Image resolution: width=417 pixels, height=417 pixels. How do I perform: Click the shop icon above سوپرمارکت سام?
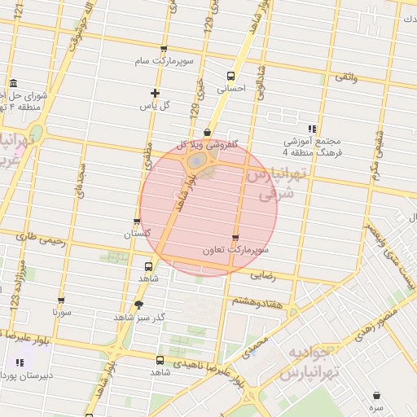point(164,49)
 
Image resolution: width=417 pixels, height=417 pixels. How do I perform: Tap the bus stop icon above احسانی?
point(230,76)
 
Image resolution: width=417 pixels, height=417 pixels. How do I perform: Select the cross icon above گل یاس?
point(155,93)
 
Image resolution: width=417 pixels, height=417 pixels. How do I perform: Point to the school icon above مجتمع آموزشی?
point(312,129)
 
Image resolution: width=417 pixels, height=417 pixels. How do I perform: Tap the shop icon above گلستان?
point(137,222)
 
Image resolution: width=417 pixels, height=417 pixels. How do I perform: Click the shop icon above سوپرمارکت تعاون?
point(235,239)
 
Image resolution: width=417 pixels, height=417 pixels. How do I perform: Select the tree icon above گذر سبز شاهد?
point(138,305)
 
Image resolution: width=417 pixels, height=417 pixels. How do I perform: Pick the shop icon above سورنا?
point(61,301)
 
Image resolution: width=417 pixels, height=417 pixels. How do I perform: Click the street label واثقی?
point(345,77)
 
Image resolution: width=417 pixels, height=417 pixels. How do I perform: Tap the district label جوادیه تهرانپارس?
point(310,362)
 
